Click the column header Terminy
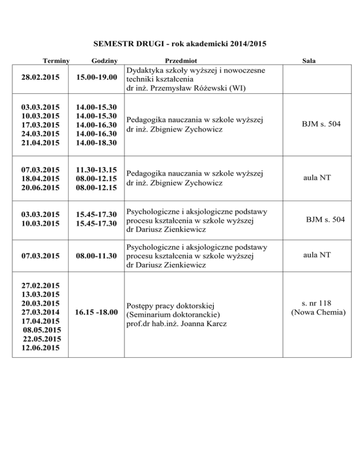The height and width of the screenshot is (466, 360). [56, 60]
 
